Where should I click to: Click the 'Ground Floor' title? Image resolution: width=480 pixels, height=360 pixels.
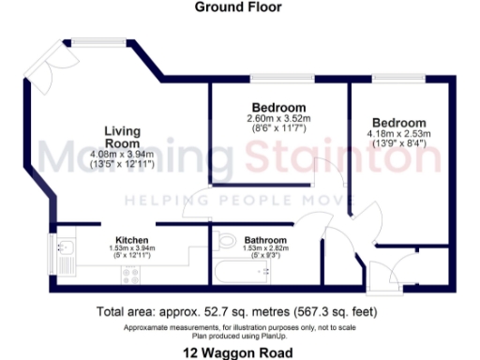coord(237,7)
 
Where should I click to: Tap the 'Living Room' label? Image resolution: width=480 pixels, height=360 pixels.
coord(122,136)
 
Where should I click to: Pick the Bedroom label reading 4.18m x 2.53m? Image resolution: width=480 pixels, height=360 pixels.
coord(398,123)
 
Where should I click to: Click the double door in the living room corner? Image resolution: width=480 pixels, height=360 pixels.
coord(44,73)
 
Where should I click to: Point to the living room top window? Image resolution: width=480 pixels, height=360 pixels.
coord(95,40)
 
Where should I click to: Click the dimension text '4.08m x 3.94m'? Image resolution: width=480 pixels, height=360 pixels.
coord(122,154)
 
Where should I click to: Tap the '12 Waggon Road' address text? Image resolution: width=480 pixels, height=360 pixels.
coord(237,352)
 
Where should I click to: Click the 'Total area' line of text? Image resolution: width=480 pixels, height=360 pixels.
coord(237,311)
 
